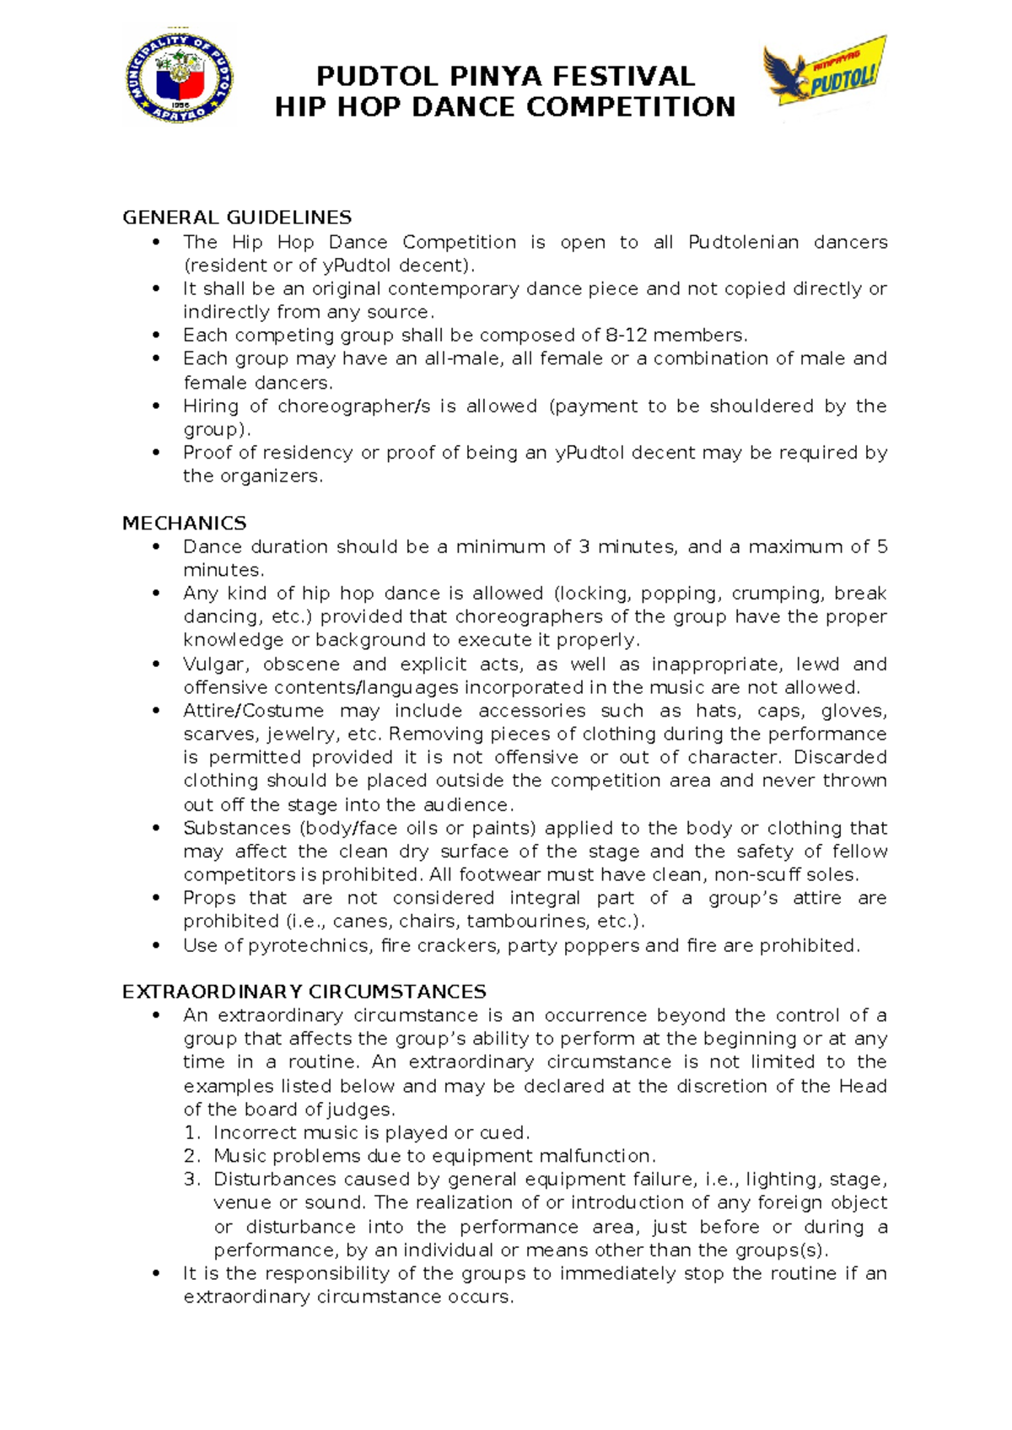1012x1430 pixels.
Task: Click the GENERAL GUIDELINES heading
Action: click(x=237, y=218)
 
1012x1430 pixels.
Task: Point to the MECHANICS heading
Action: click(x=184, y=524)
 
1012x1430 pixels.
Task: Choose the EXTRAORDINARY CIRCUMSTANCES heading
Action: click(x=304, y=992)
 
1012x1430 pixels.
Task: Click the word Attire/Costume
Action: click(x=253, y=711)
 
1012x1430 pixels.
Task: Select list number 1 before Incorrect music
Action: click(x=191, y=1133)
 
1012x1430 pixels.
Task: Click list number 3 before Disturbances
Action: click(x=191, y=1180)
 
